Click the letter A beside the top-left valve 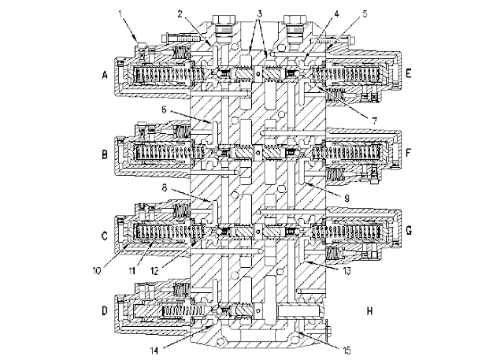click(105, 76)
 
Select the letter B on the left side click(105, 155)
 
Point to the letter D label click(105, 311)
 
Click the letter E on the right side click(410, 76)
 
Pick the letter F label click(410, 155)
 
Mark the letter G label click(410, 233)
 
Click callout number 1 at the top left click(120, 13)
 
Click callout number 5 click(344, 13)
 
